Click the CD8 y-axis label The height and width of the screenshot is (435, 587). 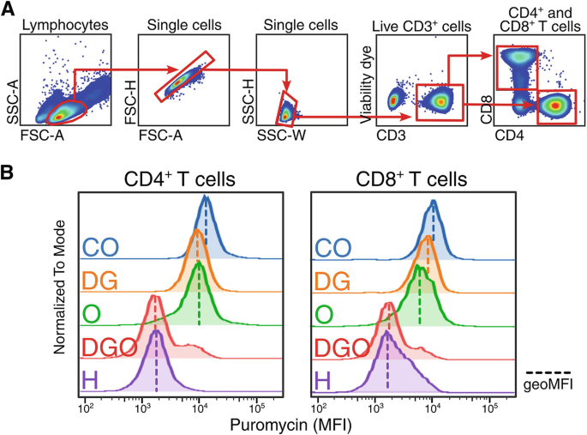[487, 107]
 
